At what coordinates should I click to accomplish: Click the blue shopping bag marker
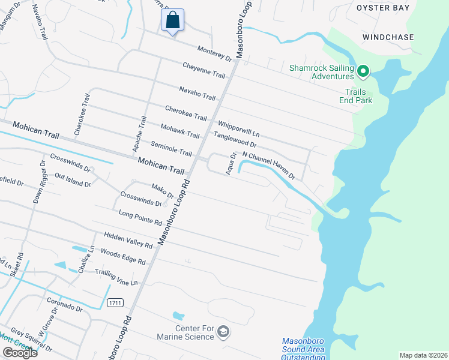(172, 20)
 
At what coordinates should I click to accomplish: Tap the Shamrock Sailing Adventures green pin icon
(363, 72)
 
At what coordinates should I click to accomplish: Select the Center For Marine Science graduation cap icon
(223, 331)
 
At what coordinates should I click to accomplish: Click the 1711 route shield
(116, 303)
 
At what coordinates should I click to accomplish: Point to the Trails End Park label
(359, 96)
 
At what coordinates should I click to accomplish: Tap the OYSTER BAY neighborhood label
(383, 8)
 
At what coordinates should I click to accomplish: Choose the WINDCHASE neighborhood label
(388, 37)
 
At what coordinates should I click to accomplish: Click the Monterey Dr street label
(214, 53)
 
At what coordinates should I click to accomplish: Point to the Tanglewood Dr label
(235, 140)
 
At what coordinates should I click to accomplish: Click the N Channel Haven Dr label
(268, 166)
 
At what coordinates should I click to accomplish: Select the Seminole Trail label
(171, 149)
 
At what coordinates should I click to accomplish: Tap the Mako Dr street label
(162, 191)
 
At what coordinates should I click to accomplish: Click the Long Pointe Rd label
(140, 218)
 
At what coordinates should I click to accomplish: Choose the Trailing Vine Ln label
(116, 277)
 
